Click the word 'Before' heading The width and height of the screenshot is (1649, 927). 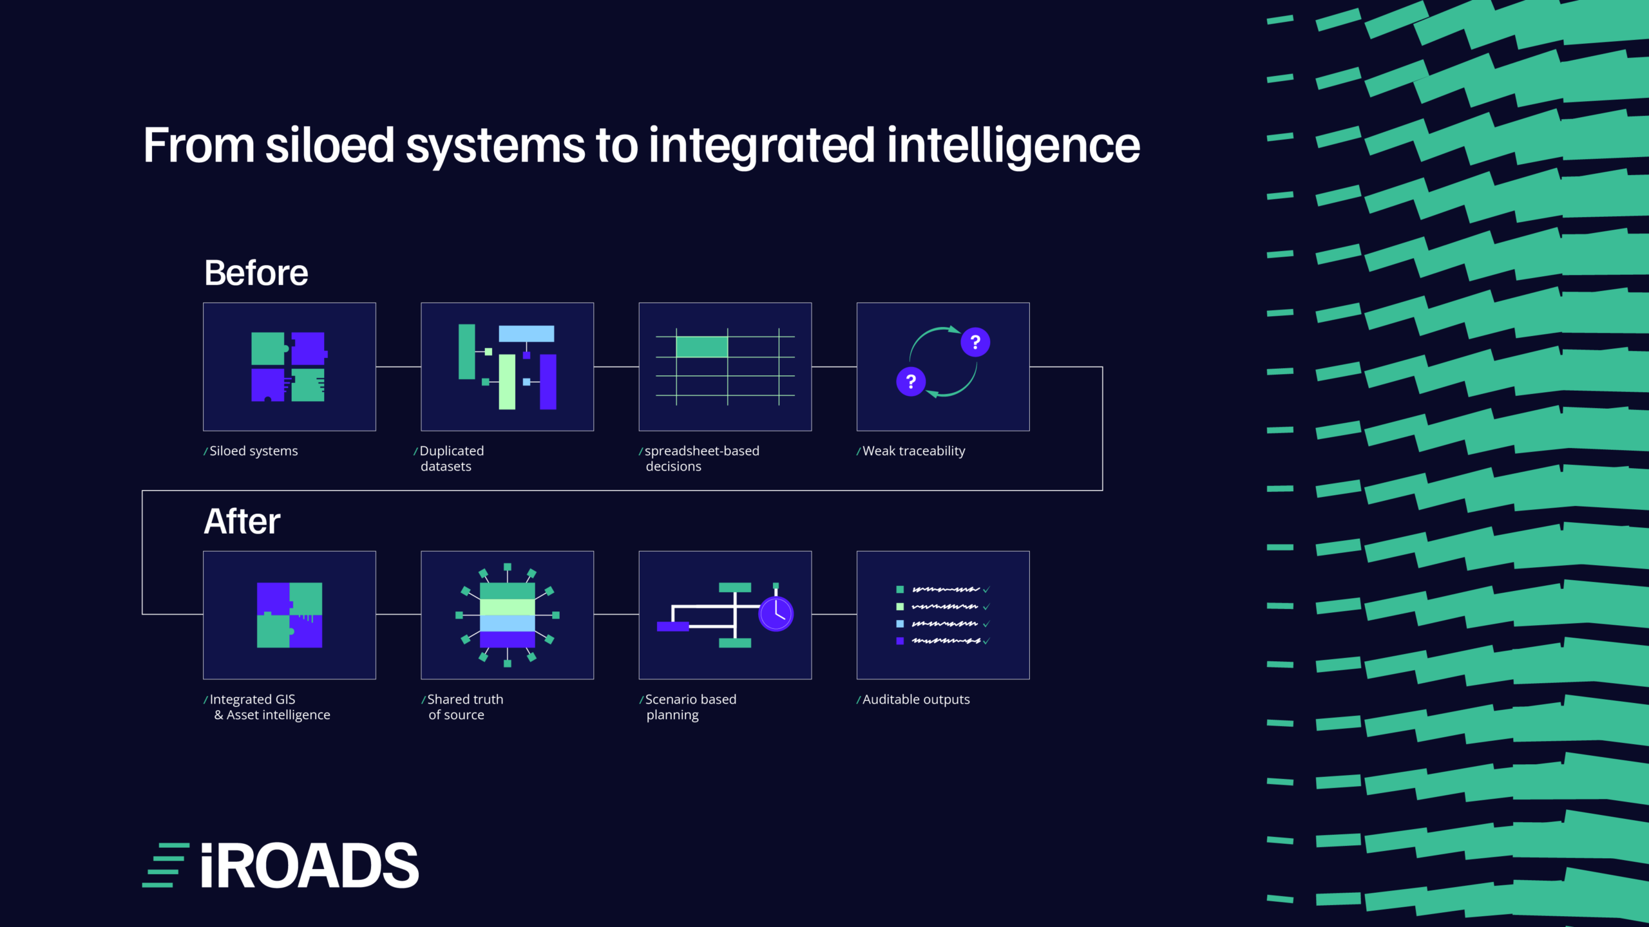click(256, 272)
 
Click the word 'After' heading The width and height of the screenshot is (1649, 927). click(242, 521)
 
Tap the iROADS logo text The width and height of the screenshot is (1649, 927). click(310, 865)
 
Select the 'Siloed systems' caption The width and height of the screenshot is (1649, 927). click(251, 451)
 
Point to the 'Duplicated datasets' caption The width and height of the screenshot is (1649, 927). click(449, 458)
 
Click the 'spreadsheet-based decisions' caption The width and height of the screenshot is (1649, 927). click(699, 458)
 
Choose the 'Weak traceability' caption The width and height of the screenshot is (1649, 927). click(911, 451)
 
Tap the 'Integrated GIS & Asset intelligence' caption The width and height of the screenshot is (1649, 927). click(267, 707)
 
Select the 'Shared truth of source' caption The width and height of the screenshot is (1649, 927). click(462, 707)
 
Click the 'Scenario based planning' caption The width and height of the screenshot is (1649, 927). click(688, 707)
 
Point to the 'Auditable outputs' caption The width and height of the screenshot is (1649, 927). click(913, 699)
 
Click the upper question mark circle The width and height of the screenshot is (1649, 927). click(975, 342)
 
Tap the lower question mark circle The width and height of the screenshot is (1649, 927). click(911, 382)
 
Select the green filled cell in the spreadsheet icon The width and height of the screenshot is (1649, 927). click(701, 347)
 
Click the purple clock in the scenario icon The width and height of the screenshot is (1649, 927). click(776, 613)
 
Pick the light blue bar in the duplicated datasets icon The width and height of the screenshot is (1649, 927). click(526, 333)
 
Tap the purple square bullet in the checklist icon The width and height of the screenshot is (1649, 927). click(900, 641)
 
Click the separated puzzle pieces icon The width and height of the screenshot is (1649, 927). click(289, 367)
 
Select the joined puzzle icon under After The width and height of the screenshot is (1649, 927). click(289, 615)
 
